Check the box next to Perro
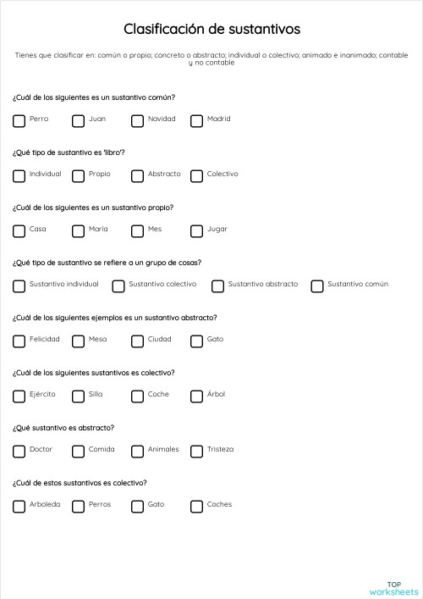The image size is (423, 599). [19, 120]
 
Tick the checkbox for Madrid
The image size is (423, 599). [196, 120]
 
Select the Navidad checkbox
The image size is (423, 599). [137, 120]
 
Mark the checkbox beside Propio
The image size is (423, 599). [78, 175]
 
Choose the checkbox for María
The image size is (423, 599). [78, 230]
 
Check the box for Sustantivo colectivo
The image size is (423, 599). [118, 286]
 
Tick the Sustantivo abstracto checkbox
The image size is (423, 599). [217, 286]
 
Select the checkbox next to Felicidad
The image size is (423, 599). [19, 341]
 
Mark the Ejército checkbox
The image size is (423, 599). [19, 396]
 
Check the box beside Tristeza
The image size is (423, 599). [196, 451]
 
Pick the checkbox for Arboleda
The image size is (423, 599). [19, 506]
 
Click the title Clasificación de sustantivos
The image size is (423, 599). [211, 30]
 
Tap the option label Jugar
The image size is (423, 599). [217, 230]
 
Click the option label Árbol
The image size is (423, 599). [217, 395]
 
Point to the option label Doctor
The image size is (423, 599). [41, 450]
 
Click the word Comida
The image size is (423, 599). [102, 450]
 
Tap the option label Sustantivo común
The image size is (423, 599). [358, 285]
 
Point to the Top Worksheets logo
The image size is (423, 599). [393, 587]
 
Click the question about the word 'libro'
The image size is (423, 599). [69, 153]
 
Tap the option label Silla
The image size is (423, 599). [96, 395]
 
